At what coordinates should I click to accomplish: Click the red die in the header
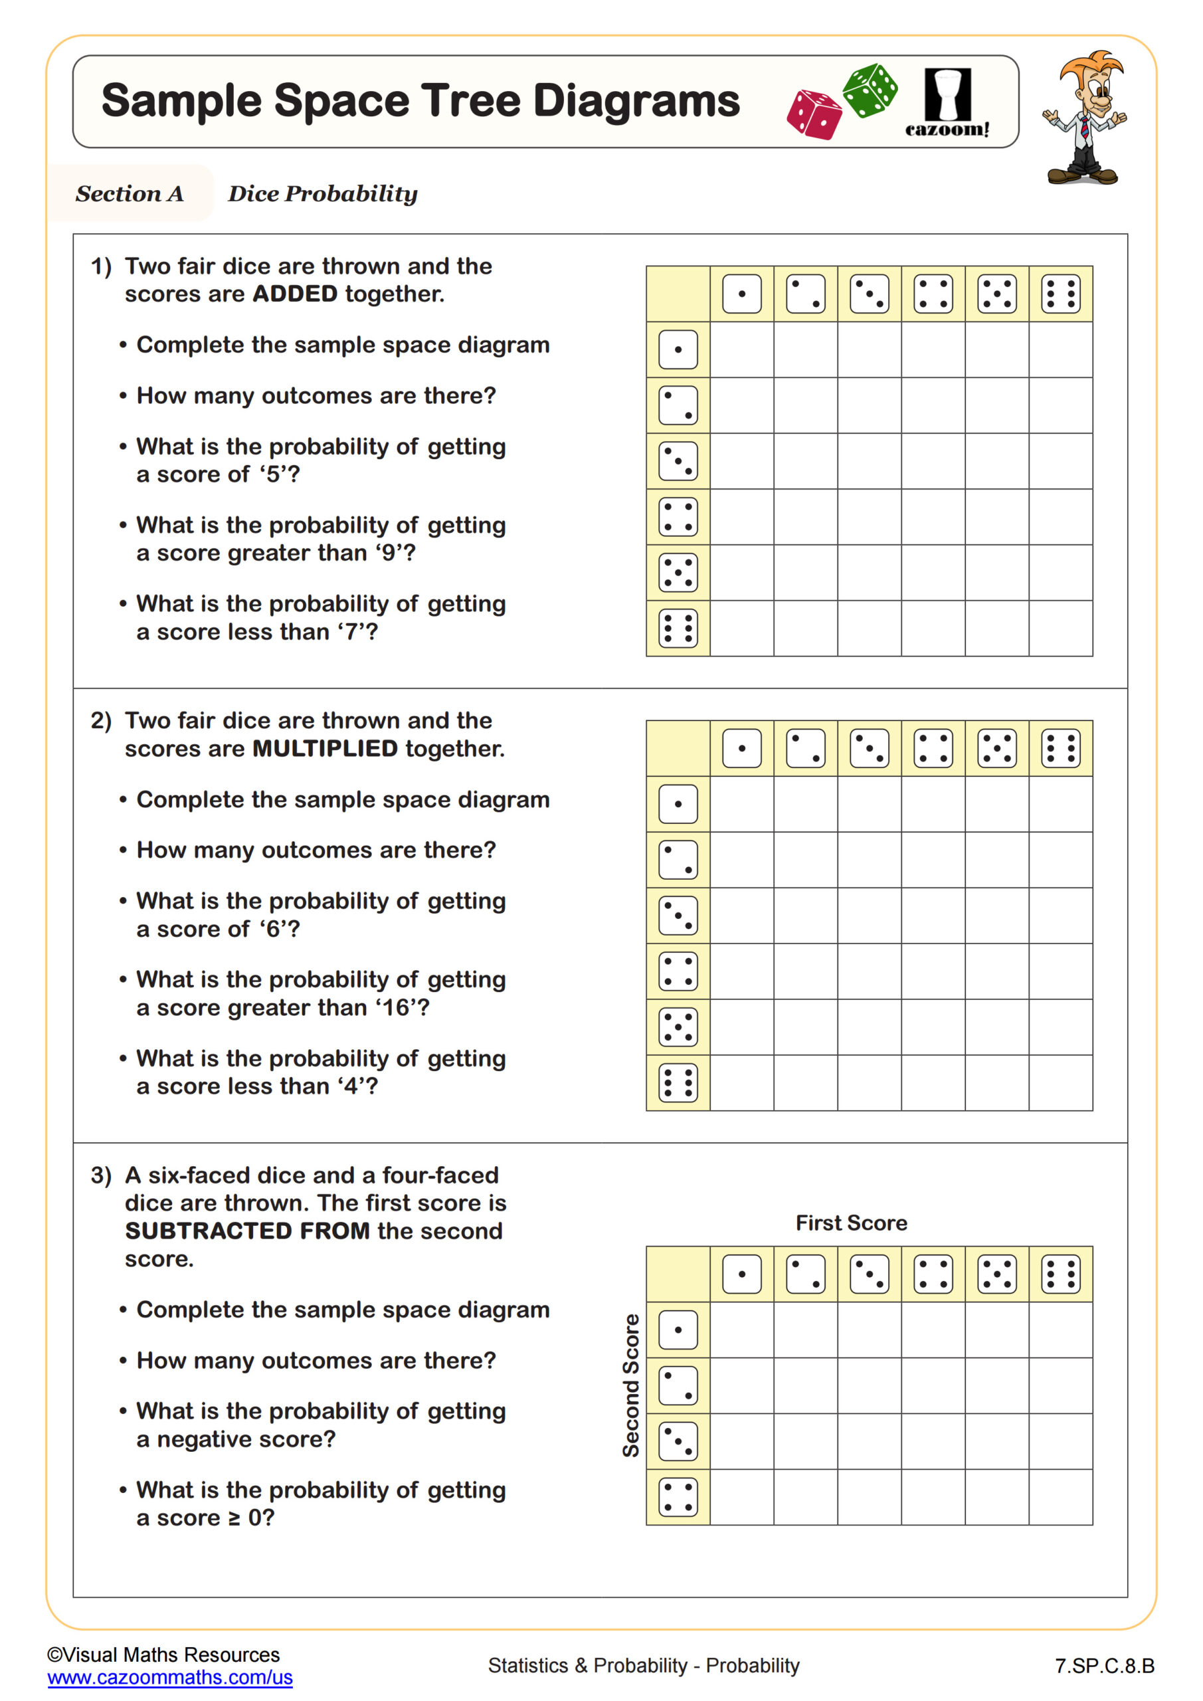(814, 115)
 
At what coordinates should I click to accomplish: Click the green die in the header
(870, 90)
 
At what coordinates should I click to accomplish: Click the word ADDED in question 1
(295, 294)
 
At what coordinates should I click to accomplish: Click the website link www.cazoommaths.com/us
(169, 1676)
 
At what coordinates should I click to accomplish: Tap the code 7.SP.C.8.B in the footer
(1104, 1665)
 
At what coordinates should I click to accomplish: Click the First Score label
(851, 1223)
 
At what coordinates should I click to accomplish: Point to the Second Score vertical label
(630, 1385)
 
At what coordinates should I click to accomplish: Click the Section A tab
(130, 193)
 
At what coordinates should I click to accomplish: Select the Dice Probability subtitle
(322, 193)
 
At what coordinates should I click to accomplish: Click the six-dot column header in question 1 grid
(1060, 294)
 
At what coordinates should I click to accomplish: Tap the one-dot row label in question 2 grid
(678, 804)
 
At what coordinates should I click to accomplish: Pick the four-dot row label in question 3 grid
(678, 1496)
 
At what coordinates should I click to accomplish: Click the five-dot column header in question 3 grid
(996, 1274)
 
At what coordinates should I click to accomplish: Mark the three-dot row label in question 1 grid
(678, 461)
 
